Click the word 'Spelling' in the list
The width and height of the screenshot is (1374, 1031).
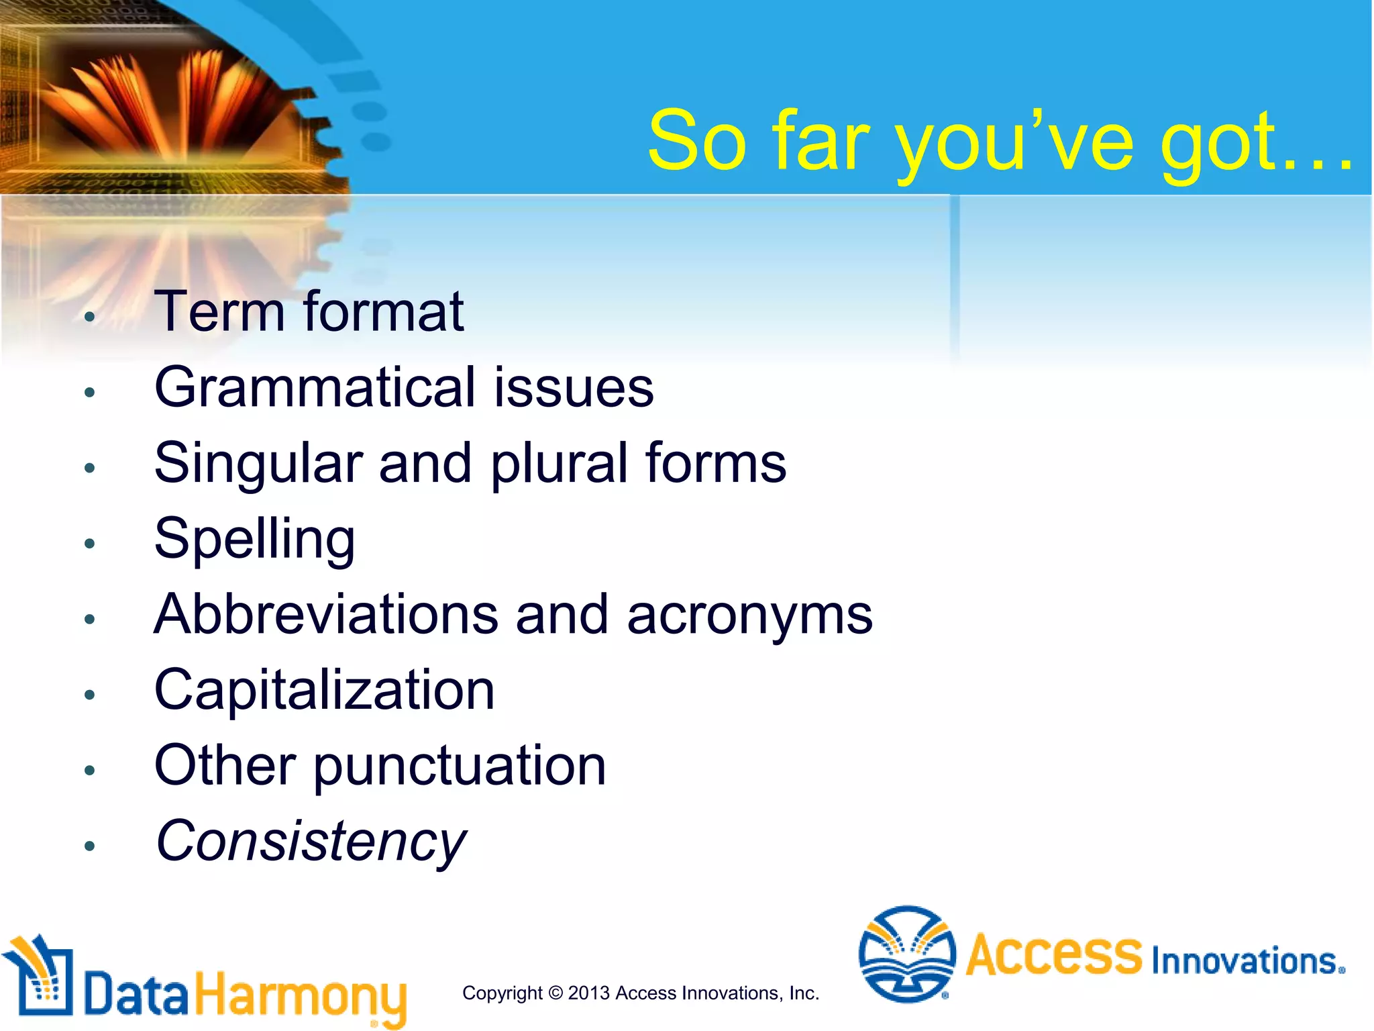point(254,540)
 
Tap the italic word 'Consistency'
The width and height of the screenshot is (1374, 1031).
point(310,842)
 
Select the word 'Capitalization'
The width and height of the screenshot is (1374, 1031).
point(324,691)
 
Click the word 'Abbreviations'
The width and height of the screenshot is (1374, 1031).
point(326,614)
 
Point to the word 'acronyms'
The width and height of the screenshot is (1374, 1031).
point(749,616)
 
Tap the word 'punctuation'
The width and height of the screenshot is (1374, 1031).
point(460,767)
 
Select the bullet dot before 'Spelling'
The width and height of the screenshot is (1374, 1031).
point(90,543)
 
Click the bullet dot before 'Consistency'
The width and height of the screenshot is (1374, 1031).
point(90,846)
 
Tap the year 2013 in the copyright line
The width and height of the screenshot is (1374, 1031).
point(588,993)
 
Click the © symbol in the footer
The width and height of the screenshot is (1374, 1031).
point(555,993)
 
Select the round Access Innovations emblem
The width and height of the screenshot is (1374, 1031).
point(907,954)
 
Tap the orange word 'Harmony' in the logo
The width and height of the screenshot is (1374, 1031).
point(301,995)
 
